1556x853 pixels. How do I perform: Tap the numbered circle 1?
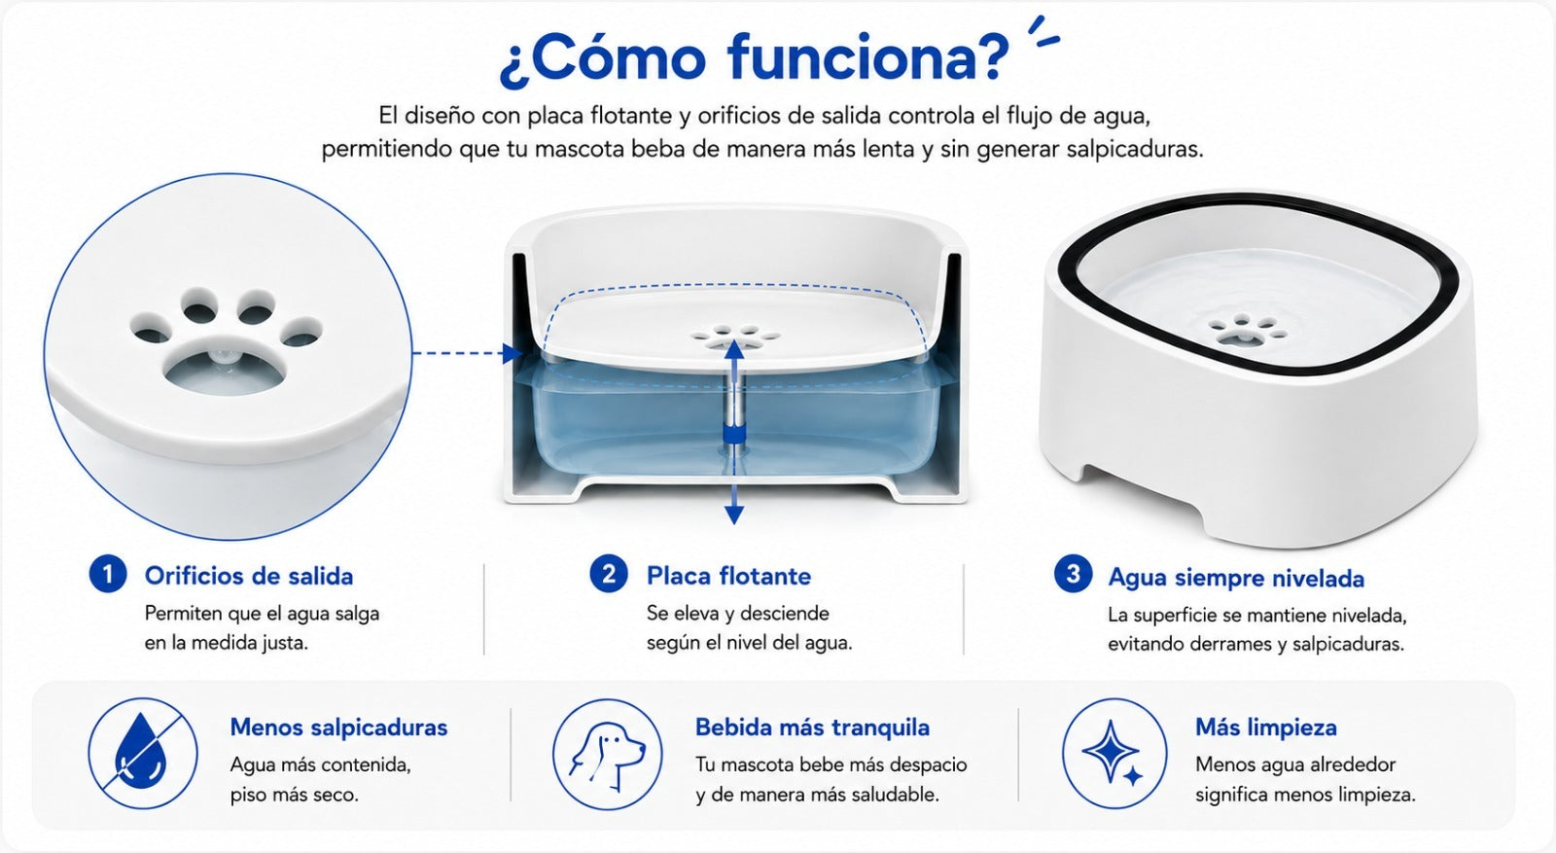(x=108, y=575)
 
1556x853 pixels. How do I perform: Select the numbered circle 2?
(x=609, y=575)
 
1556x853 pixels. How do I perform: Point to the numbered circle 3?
(x=1074, y=575)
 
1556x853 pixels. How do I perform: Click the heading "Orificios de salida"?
(x=249, y=576)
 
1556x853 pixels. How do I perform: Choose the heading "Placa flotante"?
(x=728, y=576)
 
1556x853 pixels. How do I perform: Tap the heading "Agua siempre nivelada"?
(x=1236, y=578)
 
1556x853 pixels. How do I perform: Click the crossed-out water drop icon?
(x=142, y=754)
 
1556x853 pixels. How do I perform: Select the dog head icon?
(x=607, y=754)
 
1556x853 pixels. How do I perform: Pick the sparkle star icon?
(x=1114, y=754)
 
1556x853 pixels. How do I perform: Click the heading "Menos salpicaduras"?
(x=339, y=728)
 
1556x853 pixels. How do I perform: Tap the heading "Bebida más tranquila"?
(x=812, y=728)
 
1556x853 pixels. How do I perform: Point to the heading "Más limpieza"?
(x=1265, y=728)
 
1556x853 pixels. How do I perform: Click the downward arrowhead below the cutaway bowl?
(x=734, y=515)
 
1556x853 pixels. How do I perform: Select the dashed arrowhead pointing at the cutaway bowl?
(x=513, y=354)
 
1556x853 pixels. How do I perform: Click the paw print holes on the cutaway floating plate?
(x=735, y=336)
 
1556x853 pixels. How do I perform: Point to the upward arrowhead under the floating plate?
(x=734, y=349)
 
